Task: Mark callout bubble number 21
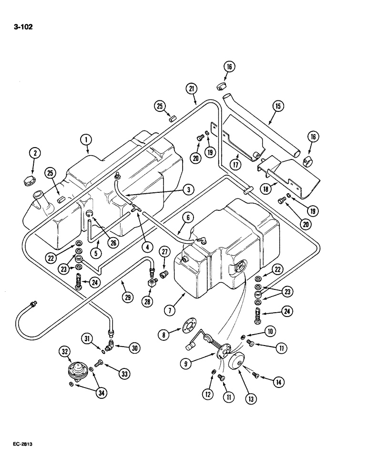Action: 192,89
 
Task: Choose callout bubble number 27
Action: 164,252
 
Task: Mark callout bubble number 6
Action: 187,217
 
